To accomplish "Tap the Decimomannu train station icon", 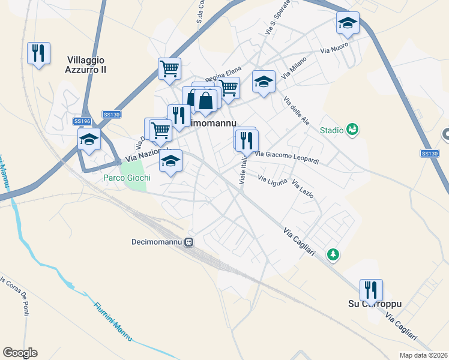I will point(188,242).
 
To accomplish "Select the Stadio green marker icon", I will point(352,129).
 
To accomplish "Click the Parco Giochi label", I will point(127,178).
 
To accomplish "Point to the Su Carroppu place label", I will point(375,304).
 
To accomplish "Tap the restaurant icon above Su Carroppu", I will point(371,290).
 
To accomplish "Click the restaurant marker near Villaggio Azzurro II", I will point(39,53).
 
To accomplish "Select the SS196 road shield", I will point(82,121).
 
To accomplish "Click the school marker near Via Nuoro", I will point(348,23).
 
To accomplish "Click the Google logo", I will point(20,353).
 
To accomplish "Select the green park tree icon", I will point(333,255).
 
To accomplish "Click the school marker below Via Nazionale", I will point(170,160).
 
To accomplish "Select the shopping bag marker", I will point(205,101).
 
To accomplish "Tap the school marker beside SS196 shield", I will point(89,140).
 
